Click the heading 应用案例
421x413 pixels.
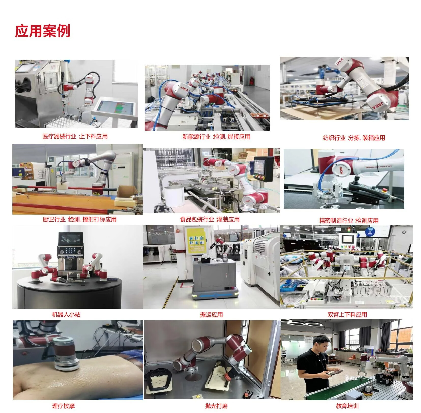[42, 31]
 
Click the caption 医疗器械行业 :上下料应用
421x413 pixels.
[75, 136]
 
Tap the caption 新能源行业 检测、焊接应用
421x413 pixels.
[216, 137]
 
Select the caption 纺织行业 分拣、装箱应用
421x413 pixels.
[354, 138]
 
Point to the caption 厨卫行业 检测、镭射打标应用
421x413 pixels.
[80, 219]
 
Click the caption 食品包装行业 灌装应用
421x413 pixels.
[210, 219]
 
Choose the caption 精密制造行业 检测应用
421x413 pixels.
[349, 221]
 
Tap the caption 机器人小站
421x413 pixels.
[66, 314]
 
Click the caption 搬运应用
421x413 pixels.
[211, 314]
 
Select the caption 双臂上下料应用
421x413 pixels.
[347, 314]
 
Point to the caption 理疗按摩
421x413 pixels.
[64, 406]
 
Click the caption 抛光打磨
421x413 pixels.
[216, 406]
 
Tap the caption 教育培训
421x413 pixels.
[347, 406]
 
